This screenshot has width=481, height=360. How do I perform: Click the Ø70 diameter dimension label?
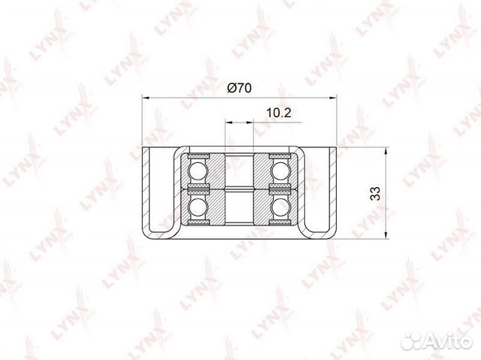[239, 89]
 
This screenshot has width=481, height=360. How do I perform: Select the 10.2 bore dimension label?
[279, 113]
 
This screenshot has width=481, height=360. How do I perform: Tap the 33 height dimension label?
[375, 193]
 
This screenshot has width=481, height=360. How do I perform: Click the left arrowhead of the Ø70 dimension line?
[146, 98]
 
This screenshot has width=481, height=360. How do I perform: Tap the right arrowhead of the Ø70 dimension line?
[333, 98]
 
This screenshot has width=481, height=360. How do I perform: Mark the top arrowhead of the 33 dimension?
[386, 151]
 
